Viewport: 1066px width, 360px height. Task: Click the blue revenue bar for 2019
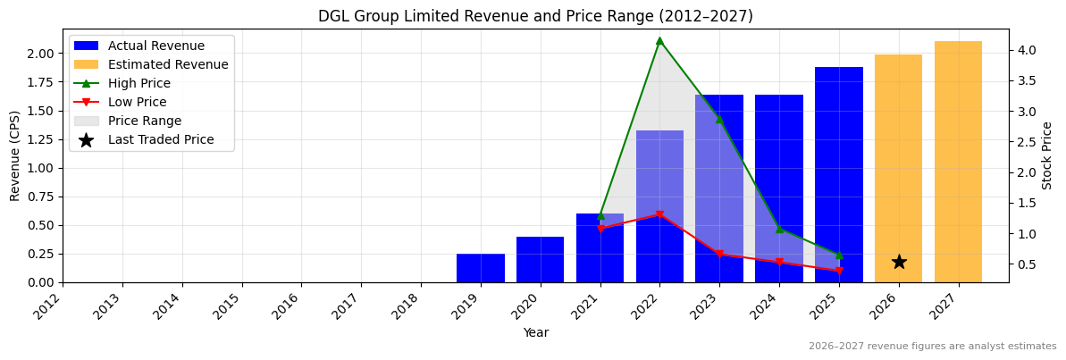point(481,268)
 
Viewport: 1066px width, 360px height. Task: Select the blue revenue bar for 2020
point(540,260)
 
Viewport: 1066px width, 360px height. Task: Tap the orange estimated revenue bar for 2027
point(958,162)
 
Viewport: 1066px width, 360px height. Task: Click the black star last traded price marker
point(899,262)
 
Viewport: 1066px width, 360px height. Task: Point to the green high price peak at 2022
point(659,40)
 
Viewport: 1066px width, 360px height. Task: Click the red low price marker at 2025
point(838,271)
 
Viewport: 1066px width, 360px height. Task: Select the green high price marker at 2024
point(779,229)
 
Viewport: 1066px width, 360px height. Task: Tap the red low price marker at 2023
point(719,255)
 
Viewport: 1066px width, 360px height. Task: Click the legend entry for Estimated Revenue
point(168,64)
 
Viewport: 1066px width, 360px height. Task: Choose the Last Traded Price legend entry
point(161,139)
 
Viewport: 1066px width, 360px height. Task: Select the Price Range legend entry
point(145,121)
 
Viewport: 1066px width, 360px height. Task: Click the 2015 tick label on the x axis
point(233,306)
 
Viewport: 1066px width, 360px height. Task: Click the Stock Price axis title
point(1047,155)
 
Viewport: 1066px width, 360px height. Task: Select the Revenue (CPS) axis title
point(15,155)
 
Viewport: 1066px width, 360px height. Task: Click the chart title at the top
point(535,16)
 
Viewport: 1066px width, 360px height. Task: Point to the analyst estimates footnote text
point(932,347)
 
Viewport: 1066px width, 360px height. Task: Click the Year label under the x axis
point(535,332)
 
